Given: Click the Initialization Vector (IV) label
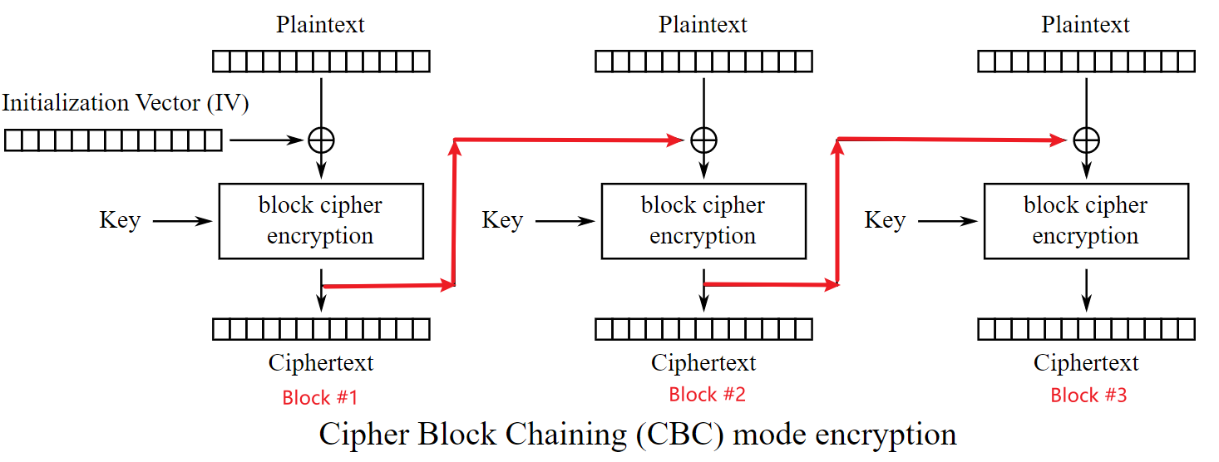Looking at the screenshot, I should coord(126,103).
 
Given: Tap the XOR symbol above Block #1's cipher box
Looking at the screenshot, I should coord(321,140).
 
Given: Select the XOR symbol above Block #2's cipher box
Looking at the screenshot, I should coord(703,140).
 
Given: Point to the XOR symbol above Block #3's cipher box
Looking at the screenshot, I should coord(1086,140).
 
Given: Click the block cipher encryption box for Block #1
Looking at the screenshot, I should coord(321,221).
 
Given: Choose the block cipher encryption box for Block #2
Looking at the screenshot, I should coord(703,221).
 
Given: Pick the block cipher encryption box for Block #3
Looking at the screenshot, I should coord(1086,221).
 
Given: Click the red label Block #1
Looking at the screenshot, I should coord(320,398).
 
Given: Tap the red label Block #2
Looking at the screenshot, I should coord(707,395).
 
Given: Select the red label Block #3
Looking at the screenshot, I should coord(1088,396).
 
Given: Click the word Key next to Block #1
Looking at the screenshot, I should coord(120,221).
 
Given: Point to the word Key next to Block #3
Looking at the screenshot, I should coord(885,221).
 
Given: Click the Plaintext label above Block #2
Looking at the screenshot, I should coord(703,25).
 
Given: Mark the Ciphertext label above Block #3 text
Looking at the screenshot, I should coord(1086,363).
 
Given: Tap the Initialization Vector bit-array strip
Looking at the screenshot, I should coord(113,140).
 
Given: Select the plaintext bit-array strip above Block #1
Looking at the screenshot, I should coord(321,61).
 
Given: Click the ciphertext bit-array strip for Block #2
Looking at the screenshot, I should coord(703,330).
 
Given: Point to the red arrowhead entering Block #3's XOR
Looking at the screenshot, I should coord(1059,140).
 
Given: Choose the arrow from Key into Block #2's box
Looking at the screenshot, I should coord(565,222).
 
